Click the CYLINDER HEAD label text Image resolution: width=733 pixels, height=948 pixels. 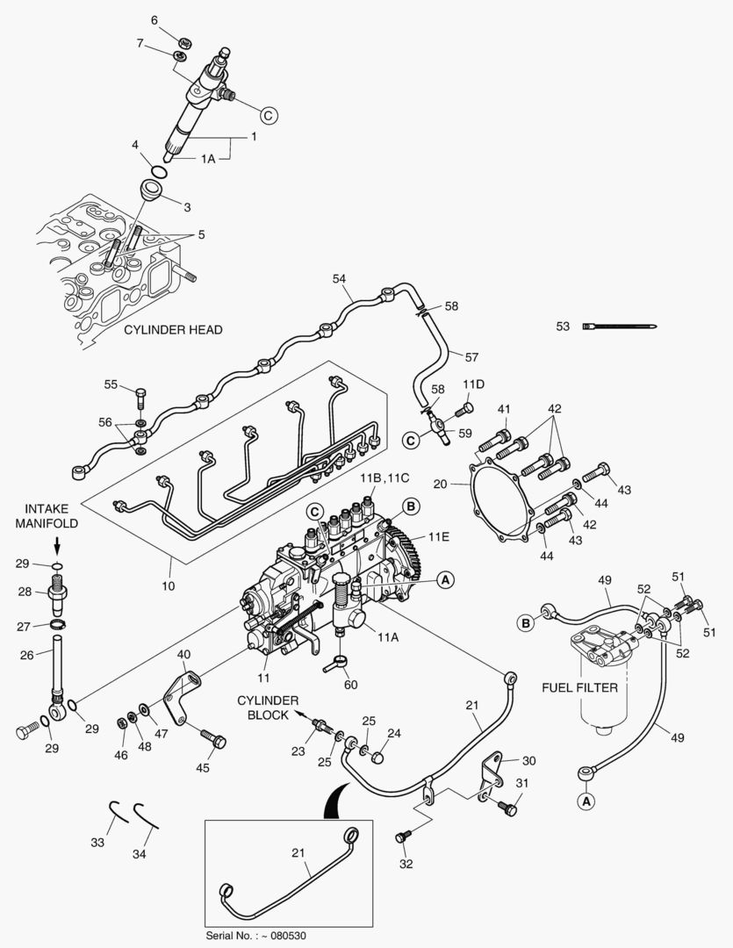(172, 330)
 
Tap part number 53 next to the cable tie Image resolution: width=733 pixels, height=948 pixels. (564, 327)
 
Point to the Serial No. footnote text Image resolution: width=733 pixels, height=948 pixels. (255, 935)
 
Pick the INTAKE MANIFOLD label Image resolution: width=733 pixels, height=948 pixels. (52, 515)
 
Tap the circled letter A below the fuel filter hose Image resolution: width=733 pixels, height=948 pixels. (586, 800)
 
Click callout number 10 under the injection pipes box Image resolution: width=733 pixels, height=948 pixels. (169, 585)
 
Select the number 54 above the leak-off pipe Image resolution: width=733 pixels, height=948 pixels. (340, 278)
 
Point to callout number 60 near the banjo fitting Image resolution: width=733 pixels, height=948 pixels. (351, 685)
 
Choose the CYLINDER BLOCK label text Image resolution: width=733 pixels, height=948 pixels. (268, 707)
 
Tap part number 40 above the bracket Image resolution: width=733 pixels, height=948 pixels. (183, 654)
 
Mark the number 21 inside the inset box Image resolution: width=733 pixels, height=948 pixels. (299, 852)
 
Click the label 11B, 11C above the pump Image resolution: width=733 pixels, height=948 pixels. (384, 478)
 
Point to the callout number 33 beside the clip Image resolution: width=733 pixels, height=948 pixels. (97, 842)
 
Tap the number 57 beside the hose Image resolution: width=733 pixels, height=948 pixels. (471, 357)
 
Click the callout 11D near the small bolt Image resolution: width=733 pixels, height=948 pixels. (474, 384)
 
